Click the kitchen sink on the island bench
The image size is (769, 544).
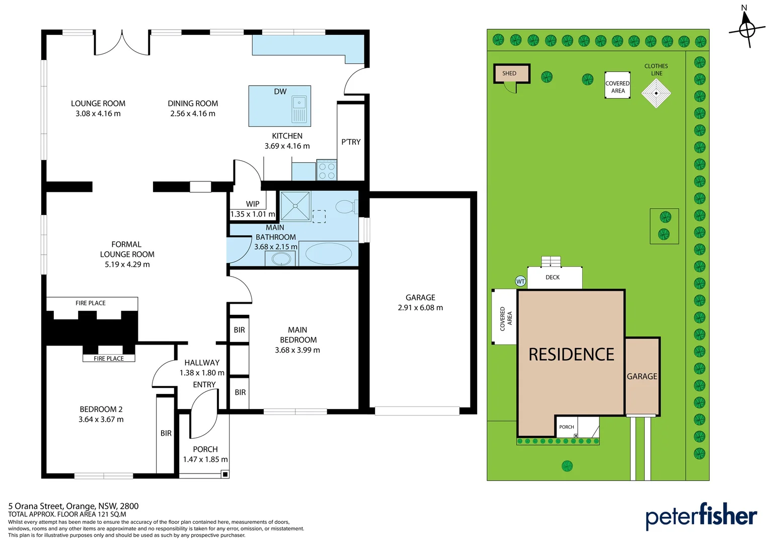click(299, 109)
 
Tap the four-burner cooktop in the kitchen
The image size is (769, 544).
click(327, 170)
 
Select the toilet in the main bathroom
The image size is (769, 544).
click(347, 207)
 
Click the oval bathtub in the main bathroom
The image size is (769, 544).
click(329, 253)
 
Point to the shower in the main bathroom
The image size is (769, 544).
click(295, 206)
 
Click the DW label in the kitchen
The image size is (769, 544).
click(280, 91)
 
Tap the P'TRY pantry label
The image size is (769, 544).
click(351, 142)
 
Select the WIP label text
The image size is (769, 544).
click(253, 204)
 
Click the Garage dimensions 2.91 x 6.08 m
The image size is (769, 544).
click(420, 308)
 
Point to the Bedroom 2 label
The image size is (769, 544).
click(101, 410)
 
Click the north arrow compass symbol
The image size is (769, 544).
click(747, 29)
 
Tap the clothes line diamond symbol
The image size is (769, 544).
click(656, 93)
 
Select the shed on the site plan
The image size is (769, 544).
click(511, 74)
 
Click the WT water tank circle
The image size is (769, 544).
click(520, 282)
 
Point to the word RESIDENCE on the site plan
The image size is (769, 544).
click(571, 354)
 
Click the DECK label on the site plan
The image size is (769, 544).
click(553, 278)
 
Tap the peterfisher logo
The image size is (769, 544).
click(701, 515)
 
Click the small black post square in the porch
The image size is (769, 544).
click(225, 474)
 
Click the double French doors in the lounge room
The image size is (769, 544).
click(122, 43)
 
